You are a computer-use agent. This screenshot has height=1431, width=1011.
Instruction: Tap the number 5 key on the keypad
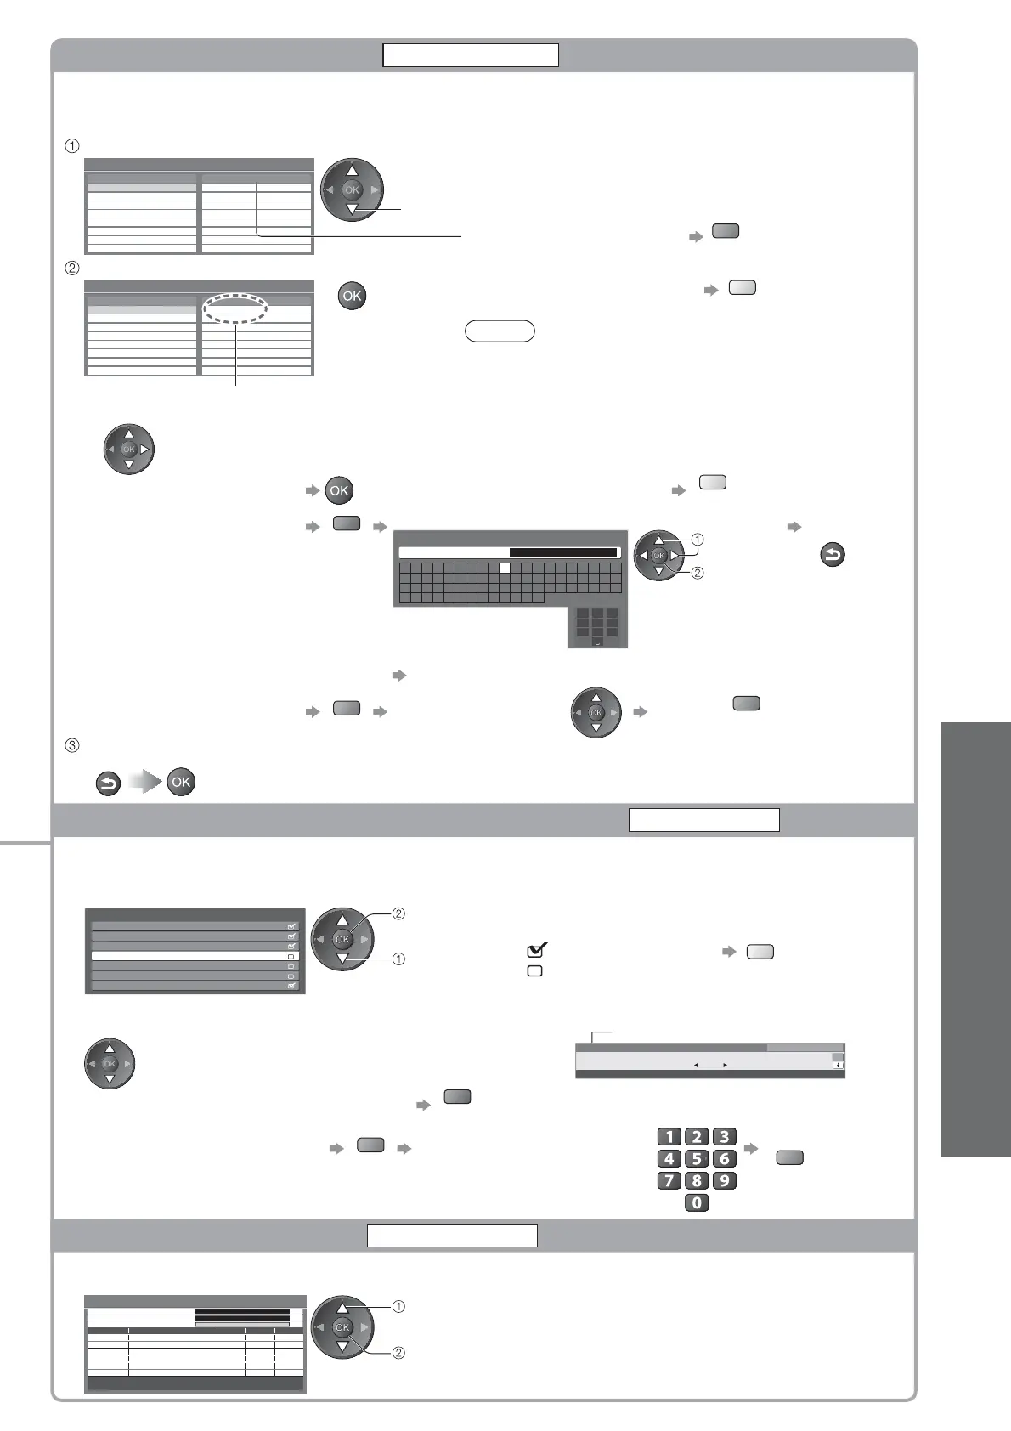point(697,1158)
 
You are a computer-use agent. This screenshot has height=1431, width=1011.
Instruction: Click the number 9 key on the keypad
point(724,1180)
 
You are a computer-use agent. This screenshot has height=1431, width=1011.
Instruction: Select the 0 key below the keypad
point(697,1202)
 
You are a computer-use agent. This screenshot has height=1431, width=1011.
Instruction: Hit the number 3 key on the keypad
point(724,1137)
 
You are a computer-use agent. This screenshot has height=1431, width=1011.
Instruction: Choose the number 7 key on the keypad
point(669,1180)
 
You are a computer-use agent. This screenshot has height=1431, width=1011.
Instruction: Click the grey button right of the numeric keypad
point(789,1157)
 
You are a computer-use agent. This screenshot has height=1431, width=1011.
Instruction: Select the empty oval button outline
point(500,331)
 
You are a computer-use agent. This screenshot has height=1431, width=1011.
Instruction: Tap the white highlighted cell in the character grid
point(504,568)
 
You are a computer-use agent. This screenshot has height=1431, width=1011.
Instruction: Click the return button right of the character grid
point(833,557)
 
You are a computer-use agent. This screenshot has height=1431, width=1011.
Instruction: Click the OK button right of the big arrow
point(181,783)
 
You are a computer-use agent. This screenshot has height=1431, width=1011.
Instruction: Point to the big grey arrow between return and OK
point(144,783)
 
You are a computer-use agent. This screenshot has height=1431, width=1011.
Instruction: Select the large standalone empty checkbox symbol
point(535,970)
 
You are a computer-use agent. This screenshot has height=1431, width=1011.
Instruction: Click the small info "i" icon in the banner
point(838,1065)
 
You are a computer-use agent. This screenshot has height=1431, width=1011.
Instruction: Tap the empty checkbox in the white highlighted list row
point(291,956)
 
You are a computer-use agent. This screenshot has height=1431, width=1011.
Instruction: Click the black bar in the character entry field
point(562,552)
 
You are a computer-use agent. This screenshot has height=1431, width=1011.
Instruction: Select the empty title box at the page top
point(470,55)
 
